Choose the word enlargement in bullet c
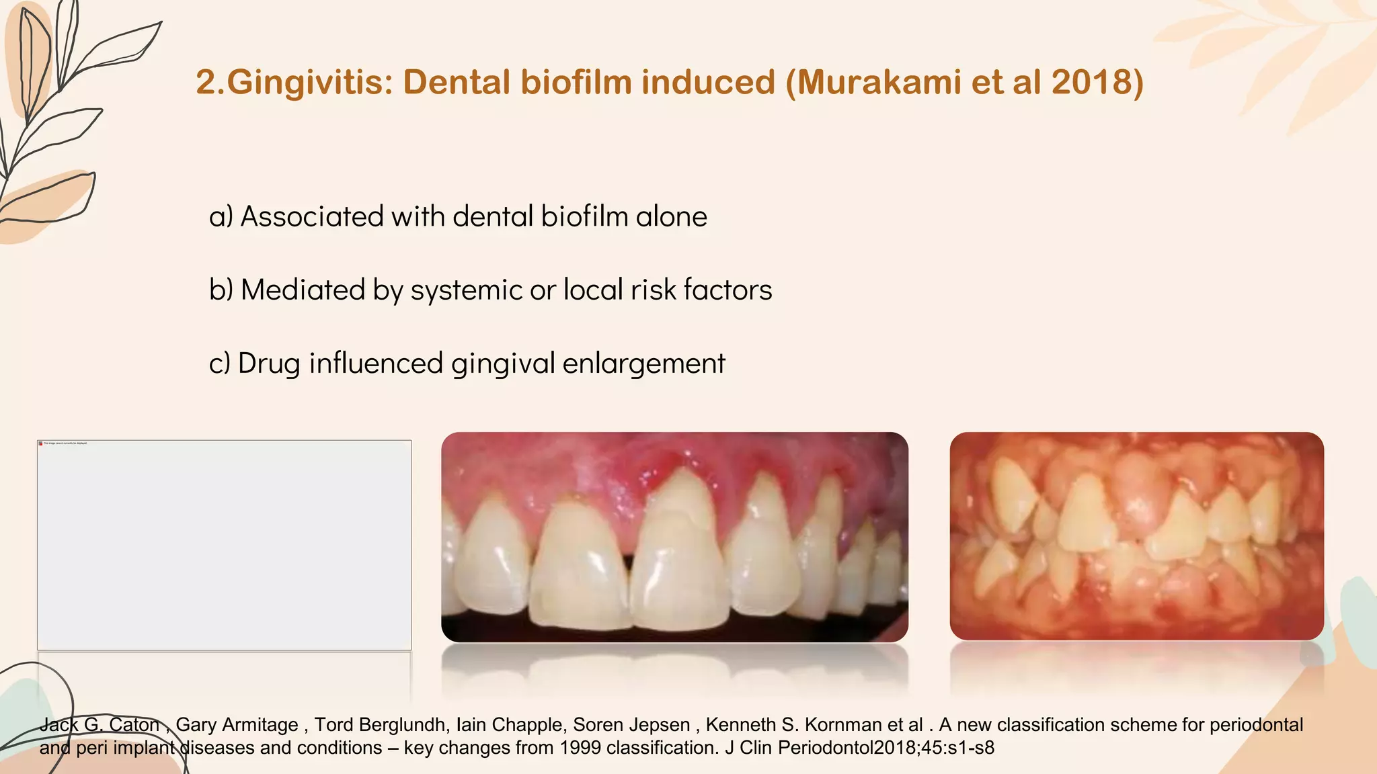click(643, 363)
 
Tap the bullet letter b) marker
click(221, 290)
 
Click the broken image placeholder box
click(224, 545)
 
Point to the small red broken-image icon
click(40, 443)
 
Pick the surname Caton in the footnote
click(134, 725)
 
